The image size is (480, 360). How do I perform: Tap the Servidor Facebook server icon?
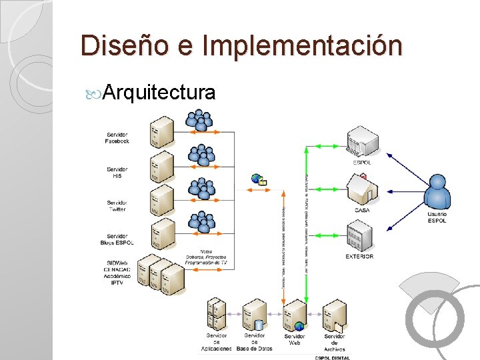(162, 131)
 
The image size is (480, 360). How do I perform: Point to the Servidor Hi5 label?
(117, 172)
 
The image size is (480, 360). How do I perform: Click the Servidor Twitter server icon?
(162, 200)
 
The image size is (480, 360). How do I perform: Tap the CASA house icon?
(362, 190)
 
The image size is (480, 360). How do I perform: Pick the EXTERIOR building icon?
(360, 235)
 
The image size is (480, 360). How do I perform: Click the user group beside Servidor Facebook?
(199, 121)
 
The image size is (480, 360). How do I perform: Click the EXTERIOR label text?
(359, 257)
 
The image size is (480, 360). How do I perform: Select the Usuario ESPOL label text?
(437, 217)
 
